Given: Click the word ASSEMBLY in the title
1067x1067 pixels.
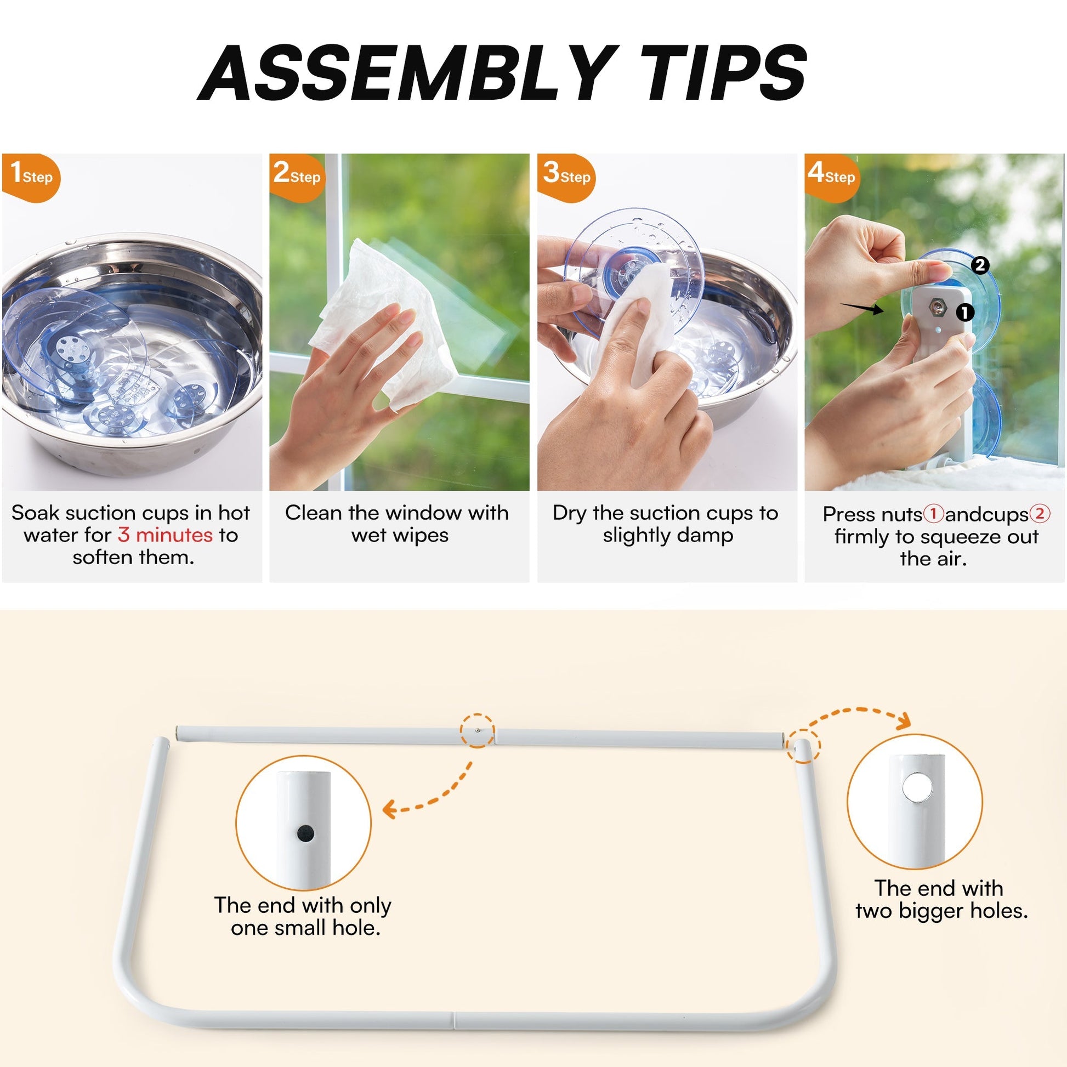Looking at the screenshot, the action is (408, 73).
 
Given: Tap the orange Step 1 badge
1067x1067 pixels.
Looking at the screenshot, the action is (31, 177).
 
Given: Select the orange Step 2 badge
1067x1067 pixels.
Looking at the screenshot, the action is (296, 177).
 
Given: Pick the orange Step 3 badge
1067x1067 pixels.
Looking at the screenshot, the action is (566, 177).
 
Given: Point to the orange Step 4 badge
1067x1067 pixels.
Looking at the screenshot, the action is (832, 177).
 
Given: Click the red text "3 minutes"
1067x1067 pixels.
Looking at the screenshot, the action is (164, 535).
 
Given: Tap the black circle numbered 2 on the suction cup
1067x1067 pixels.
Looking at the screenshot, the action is (980, 265).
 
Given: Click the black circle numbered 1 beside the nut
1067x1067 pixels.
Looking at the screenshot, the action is (965, 313).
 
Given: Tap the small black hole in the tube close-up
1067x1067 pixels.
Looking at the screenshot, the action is (305, 833).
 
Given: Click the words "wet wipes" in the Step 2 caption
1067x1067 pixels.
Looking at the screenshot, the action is (400, 535).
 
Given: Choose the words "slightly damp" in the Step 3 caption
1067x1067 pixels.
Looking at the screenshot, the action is (668, 535).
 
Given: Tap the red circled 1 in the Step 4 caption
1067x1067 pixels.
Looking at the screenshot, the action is (933, 514).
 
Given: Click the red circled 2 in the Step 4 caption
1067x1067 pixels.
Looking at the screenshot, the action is (1040, 514).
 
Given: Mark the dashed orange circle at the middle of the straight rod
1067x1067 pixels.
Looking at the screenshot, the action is (478, 731).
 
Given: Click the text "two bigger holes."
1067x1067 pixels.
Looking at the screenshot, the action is (941, 911).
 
